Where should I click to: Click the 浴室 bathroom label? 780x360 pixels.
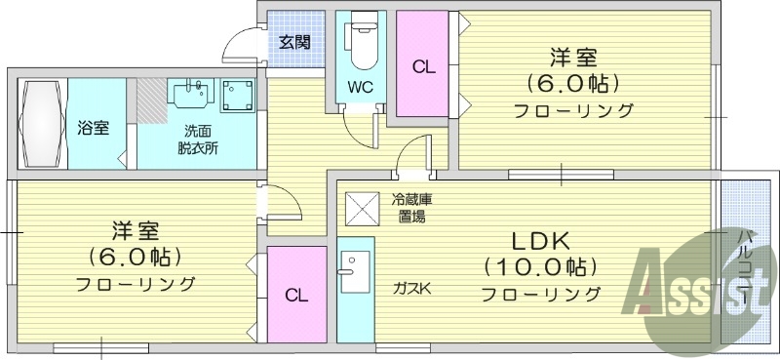pyautogui.click(x=94, y=129)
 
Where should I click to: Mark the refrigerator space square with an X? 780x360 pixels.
pyautogui.click(x=360, y=207)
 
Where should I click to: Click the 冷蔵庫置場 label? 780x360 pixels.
pyautogui.click(x=411, y=208)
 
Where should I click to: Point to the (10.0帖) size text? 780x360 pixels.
pyautogui.click(x=539, y=265)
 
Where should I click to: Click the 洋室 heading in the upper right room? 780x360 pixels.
pyautogui.click(x=574, y=58)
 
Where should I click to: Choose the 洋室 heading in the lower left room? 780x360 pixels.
pyautogui.click(x=135, y=231)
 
